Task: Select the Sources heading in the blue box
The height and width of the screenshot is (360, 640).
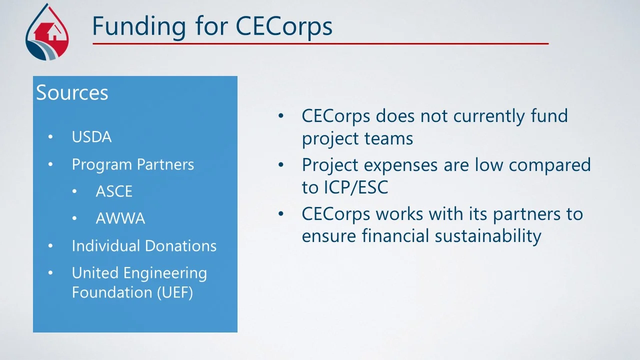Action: coord(72,93)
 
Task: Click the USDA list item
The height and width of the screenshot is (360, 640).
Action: coord(91,137)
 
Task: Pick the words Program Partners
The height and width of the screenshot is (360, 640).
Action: coord(133,164)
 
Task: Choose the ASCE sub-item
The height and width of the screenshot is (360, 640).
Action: coord(114,191)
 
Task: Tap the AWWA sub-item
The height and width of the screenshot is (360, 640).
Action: coord(120,218)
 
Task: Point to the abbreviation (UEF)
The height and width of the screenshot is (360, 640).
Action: coord(174,292)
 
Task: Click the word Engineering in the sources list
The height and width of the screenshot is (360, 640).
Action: coord(164,273)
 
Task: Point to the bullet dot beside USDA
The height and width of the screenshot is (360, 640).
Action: coord(50,137)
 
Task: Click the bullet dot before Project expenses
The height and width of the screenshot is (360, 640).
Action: coord(281,164)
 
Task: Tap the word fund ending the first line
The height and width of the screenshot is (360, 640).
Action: coord(549,116)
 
